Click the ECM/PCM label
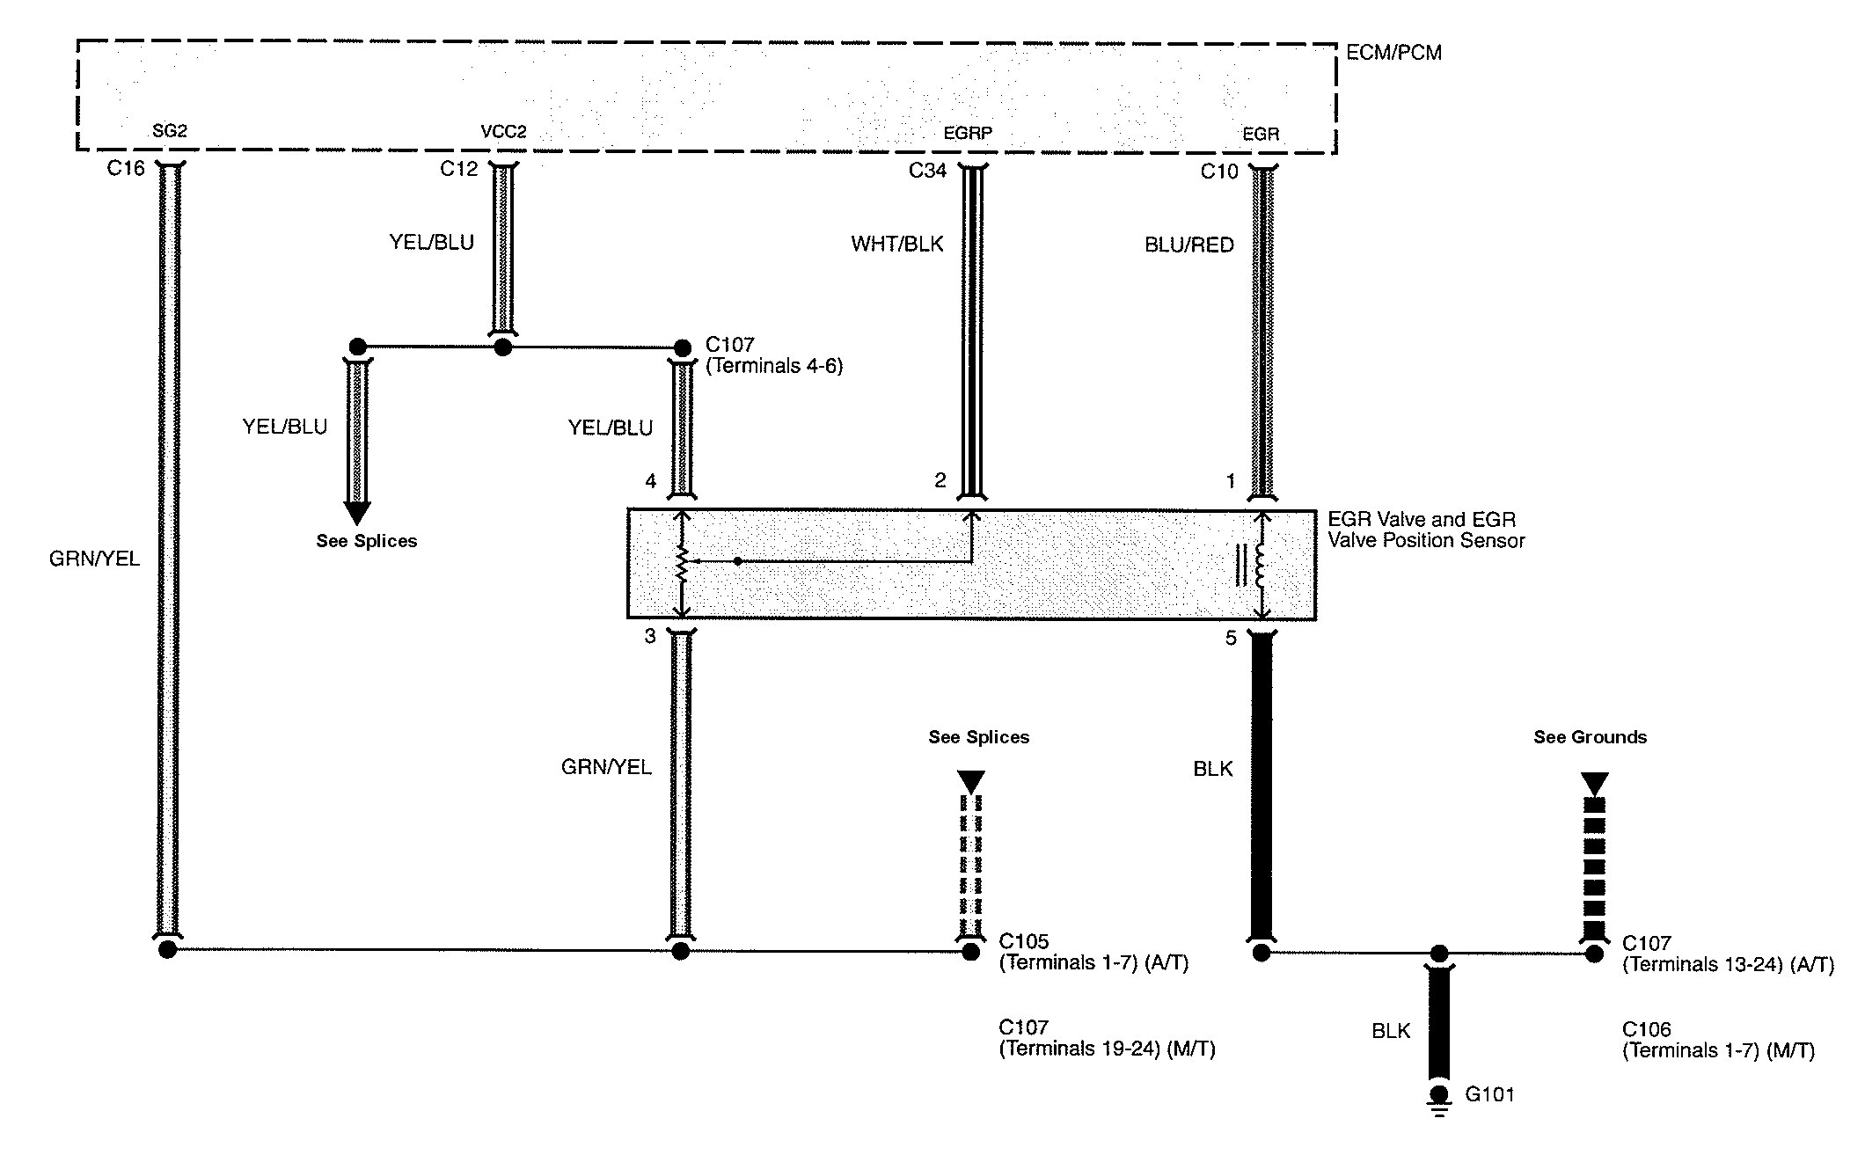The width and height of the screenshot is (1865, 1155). pos(1393,53)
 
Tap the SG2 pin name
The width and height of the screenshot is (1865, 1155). pos(170,131)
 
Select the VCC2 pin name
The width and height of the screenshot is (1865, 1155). pos(503,132)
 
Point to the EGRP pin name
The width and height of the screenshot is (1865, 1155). pos(968,134)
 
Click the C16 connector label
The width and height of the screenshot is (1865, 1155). pos(126,168)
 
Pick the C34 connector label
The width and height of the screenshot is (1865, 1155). pos(927,171)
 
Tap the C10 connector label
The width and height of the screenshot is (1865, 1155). pos(1219,172)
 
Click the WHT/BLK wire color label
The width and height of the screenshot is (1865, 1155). pos(896,244)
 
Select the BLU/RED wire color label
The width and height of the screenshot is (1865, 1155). pos(1189,245)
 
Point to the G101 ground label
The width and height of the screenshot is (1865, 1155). pos(1489,1095)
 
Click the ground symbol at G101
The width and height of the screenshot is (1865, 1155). pos(1439,1101)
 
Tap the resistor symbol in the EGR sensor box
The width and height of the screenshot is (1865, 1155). pos(682,565)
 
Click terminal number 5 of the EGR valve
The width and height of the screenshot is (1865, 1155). pos(1231,638)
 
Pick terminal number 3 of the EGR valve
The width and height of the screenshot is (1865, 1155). pos(650,636)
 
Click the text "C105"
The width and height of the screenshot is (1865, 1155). pos(1024,941)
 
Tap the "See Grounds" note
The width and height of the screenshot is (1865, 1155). pos(1591,737)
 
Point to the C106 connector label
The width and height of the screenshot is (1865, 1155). pos(1647,1029)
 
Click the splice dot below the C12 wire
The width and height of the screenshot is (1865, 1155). pos(503,347)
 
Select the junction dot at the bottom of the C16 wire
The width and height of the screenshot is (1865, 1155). pos(168,950)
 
